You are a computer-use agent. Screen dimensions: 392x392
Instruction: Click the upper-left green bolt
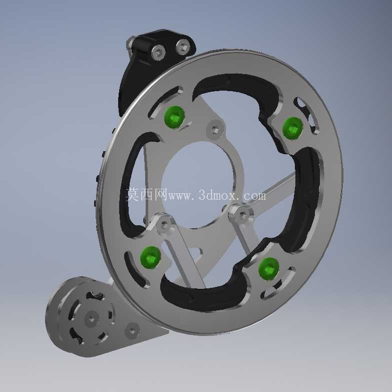174,117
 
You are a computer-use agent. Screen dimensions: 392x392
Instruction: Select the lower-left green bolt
150,257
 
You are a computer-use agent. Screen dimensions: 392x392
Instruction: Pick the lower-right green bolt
269,269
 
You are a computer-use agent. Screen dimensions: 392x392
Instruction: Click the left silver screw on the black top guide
159,53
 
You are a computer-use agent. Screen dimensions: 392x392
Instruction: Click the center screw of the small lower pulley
91,319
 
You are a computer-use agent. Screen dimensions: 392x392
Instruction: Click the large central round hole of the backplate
197,185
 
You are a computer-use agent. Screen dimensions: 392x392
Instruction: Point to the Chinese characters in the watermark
146,194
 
